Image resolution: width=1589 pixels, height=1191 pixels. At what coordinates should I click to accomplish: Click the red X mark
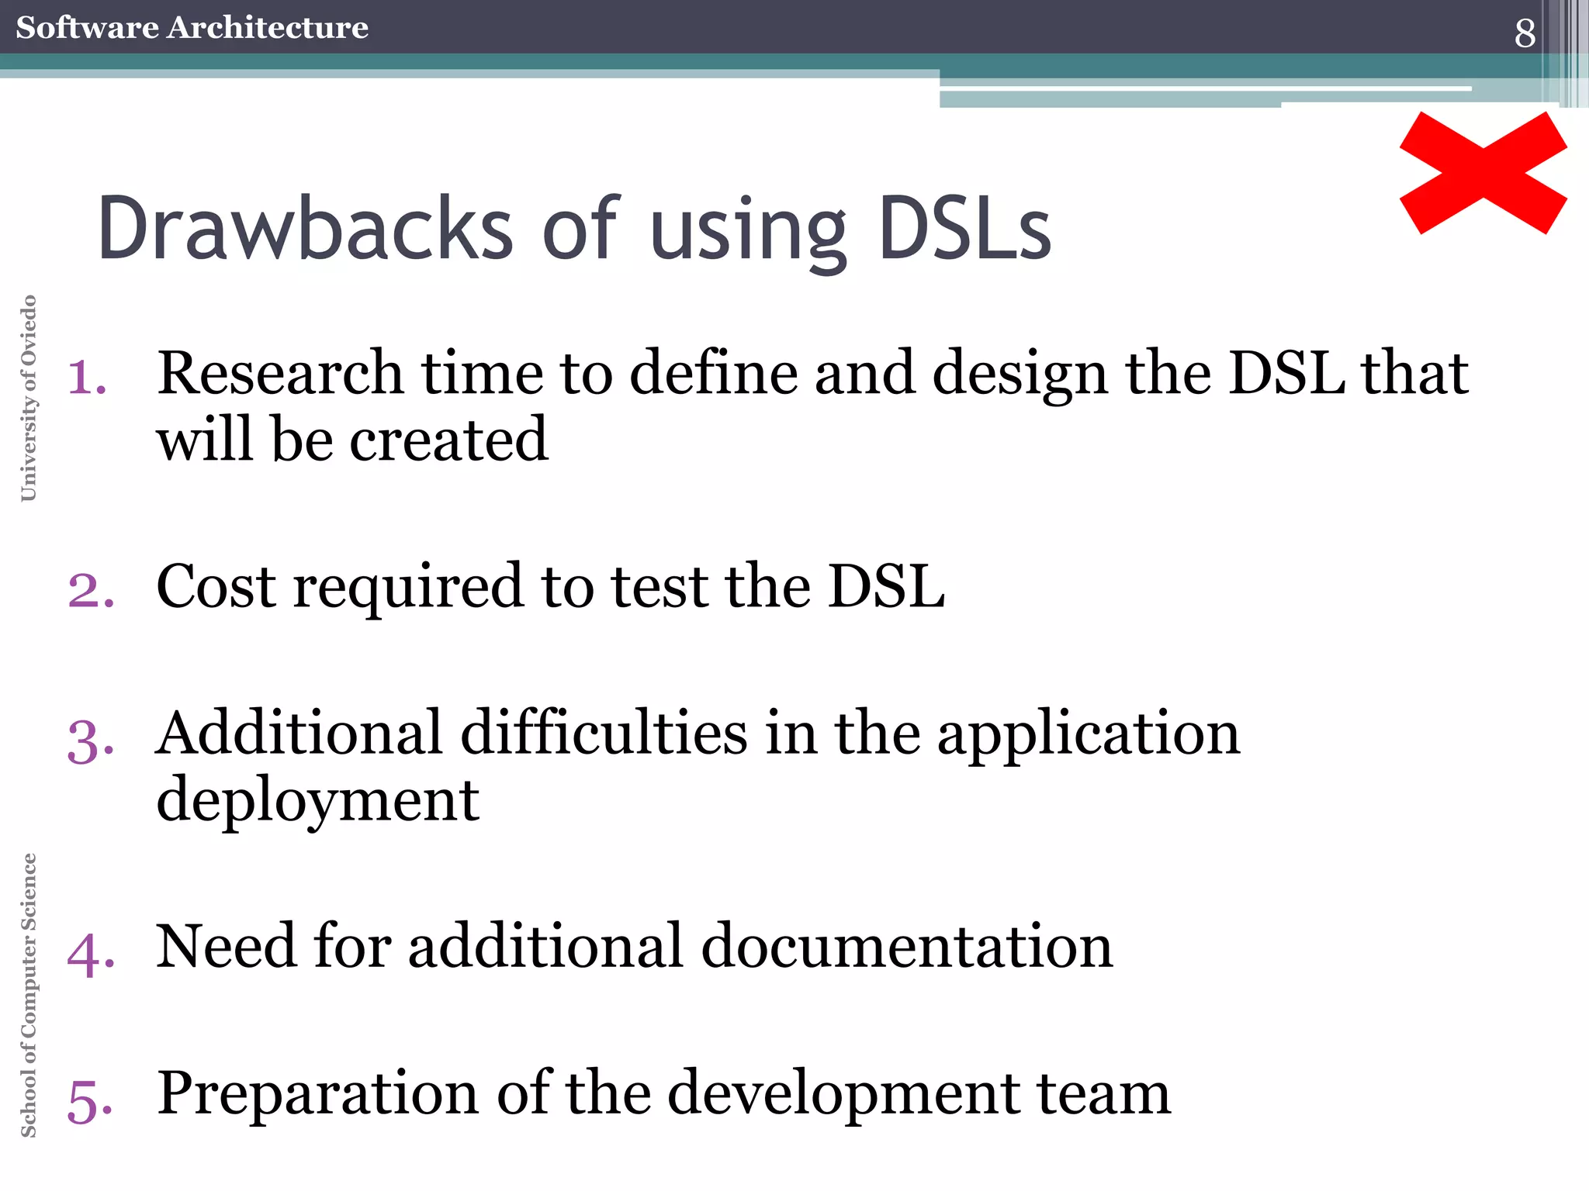[x=1483, y=173]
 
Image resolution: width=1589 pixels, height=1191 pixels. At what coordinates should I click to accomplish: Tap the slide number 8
[x=1525, y=33]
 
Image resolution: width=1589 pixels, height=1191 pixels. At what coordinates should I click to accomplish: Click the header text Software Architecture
[x=192, y=28]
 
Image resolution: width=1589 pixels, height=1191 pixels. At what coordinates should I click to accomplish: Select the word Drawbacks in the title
[x=305, y=229]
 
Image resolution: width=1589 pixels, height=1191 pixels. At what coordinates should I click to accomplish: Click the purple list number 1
[x=87, y=378]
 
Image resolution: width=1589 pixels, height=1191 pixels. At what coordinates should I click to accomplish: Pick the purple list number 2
[x=91, y=591]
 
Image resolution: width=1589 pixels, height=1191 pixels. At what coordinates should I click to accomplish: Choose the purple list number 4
[x=91, y=953]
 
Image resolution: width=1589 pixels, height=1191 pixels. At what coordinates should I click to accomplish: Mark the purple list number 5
[x=91, y=1101]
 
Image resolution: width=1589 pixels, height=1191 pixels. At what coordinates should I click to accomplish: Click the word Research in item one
[x=280, y=374]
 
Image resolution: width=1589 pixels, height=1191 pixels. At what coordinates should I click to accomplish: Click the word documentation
[x=907, y=947]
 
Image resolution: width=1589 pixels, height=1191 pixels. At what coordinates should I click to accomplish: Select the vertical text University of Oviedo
[x=29, y=398]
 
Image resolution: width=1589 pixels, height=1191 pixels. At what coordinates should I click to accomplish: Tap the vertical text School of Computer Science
[x=29, y=995]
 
